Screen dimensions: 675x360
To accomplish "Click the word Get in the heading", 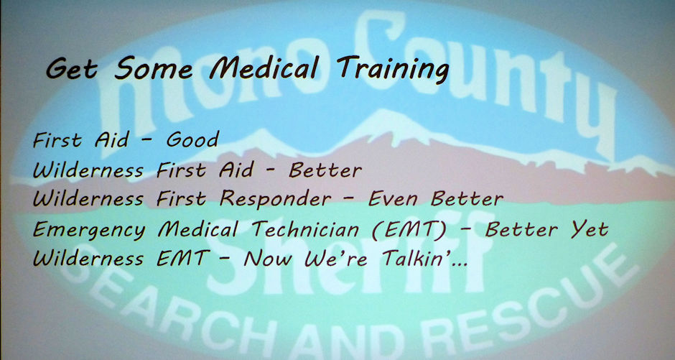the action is [72, 69].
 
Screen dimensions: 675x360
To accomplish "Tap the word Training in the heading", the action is [394, 69].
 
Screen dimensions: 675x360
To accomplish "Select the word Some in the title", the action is [153, 68].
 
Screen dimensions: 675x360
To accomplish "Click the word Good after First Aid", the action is [193, 140].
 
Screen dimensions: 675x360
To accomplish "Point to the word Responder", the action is [276, 199].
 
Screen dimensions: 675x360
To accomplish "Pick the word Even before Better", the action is [393, 199].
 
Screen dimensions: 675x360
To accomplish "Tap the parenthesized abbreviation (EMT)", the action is [408, 229].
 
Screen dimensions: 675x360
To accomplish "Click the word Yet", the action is [590, 229].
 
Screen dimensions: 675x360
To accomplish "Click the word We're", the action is [336, 259].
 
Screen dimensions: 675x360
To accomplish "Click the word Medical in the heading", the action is [265, 68].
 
